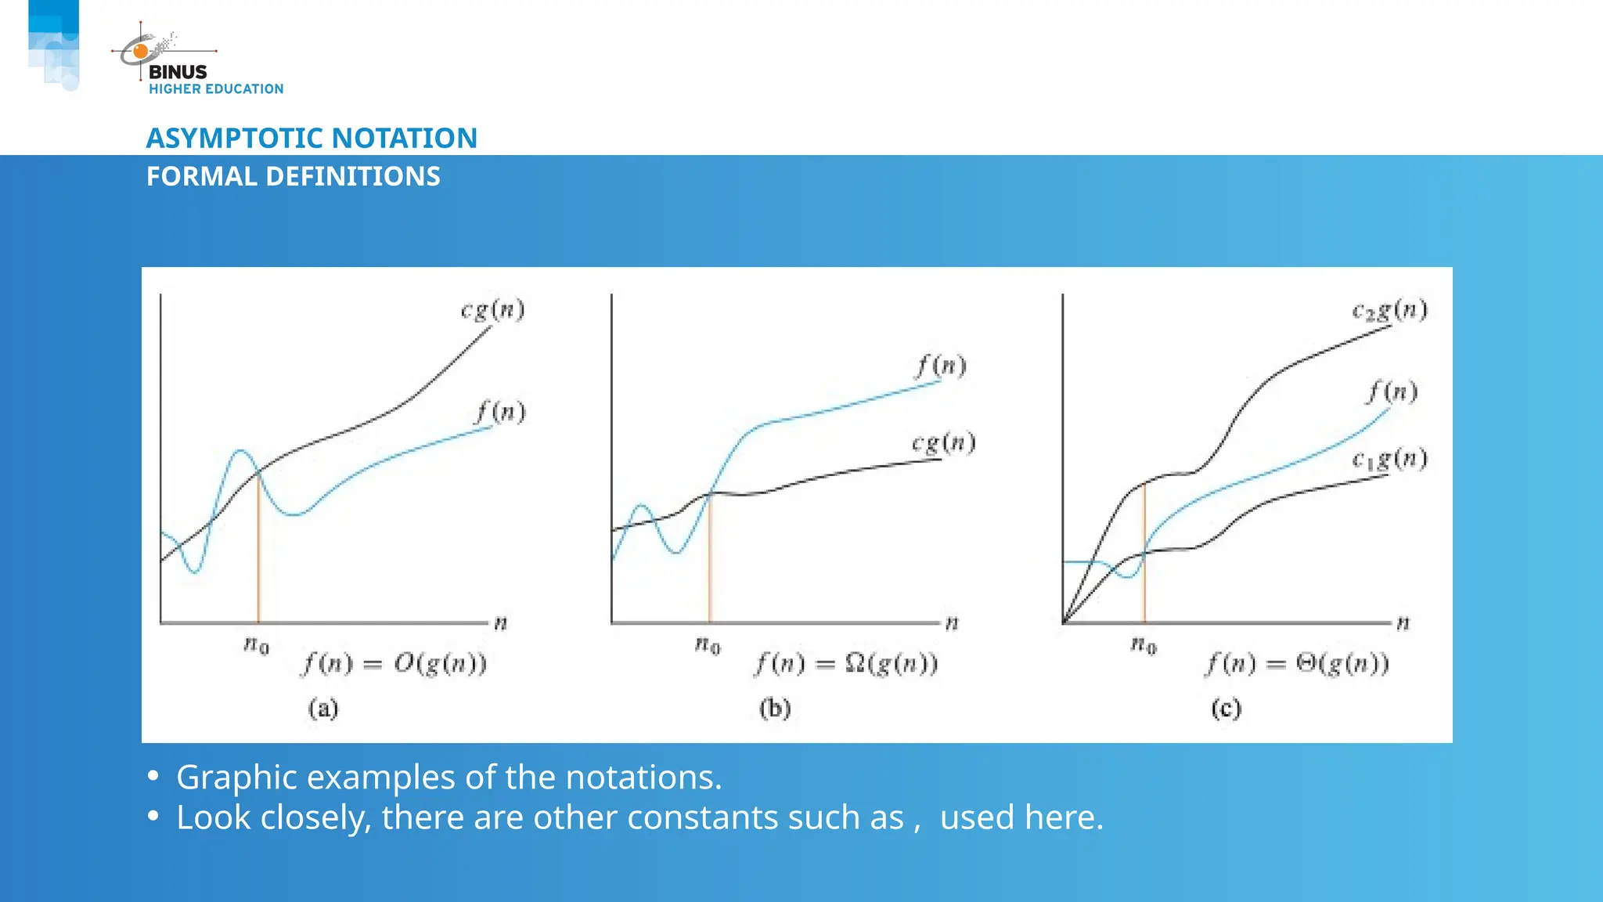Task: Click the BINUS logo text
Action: coord(178,72)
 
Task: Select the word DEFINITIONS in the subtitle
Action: coord(353,177)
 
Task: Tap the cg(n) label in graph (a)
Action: coord(492,310)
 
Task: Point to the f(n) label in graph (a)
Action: coord(501,412)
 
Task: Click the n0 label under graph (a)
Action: coord(256,645)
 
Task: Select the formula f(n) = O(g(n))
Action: coord(395,664)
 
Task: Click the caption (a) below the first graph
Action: coord(323,709)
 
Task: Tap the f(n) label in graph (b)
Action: coord(942,366)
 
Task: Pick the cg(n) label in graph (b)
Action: coord(943,443)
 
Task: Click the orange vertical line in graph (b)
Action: coord(710,564)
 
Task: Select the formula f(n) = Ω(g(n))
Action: coord(846,664)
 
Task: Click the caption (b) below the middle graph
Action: coord(775,709)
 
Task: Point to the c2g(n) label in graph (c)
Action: coord(1389,311)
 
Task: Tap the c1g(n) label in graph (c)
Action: coord(1389,459)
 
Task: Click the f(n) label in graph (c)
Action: coord(1392,391)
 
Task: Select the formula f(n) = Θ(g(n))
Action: coord(1297,664)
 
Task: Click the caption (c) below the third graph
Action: coord(1226,709)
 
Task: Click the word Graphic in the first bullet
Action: coord(236,778)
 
